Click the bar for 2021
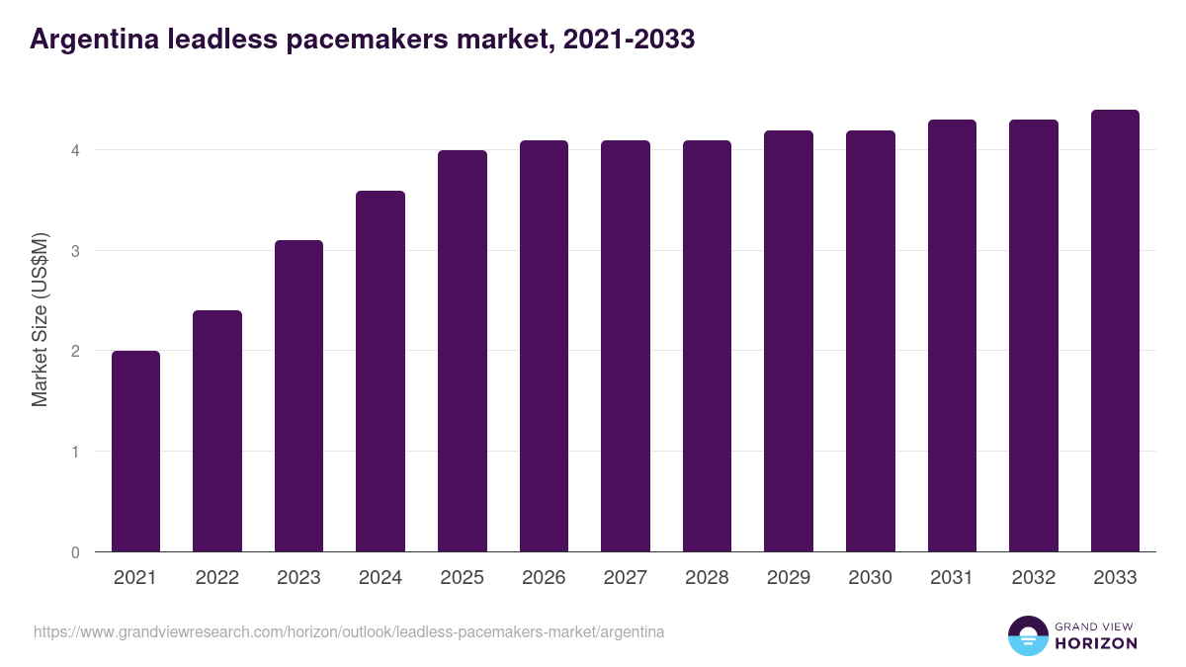[135, 451]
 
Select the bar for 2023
[298, 395]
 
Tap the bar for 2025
[462, 351]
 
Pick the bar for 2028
[707, 346]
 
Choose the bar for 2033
[1115, 331]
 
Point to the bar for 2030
[870, 341]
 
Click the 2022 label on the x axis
[216, 578]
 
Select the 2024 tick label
[380, 578]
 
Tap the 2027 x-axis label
[625, 578]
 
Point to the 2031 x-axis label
[952, 578]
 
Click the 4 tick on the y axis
[74, 150]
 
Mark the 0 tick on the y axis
[74, 552]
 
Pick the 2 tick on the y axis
[74, 351]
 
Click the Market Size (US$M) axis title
[41, 320]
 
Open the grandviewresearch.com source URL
[349, 631]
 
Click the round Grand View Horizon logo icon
[1027, 635]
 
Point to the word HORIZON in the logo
[1095, 643]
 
